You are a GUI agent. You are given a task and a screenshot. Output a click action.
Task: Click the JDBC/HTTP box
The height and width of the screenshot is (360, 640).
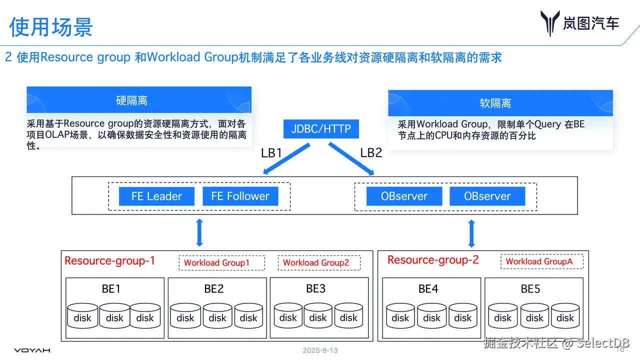pyautogui.click(x=321, y=129)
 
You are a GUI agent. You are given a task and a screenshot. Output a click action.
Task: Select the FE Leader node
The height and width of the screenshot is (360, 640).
pyautogui.click(x=156, y=196)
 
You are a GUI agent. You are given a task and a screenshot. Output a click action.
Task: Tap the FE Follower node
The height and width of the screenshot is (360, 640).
pyautogui.click(x=240, y=196)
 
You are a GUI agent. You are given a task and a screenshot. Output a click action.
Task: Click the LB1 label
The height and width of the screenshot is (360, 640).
pyautogui.click(x=271, y=153)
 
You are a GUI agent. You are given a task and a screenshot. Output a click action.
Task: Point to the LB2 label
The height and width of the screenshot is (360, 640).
pyautogui.click(x=371, y=152)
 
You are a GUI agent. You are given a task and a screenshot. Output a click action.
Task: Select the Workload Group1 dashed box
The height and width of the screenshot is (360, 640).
pyautogui.click(x=221, y=262)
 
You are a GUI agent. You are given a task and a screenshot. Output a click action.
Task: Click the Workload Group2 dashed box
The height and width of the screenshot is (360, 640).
pyautogui.click(x=319, y=262)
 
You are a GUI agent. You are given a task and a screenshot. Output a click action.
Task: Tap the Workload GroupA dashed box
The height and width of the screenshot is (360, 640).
pyautogui.click(x=541, y=261)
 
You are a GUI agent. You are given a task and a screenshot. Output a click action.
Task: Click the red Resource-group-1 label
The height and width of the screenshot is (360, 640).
pyautogui.click(x=109, y=260)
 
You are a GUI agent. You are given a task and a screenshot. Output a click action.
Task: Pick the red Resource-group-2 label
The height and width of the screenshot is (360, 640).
pyautogui.click(x=433, y=259)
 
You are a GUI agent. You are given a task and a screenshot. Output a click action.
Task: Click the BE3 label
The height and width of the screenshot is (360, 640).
pyautogui.click(x=315, y=288)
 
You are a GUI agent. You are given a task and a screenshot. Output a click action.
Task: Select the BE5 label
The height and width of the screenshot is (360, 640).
pyautogui.click(x=530, y=289)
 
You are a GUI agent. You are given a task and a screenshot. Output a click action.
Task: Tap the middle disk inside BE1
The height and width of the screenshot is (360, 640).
pyautogui.click(x=114, y=316)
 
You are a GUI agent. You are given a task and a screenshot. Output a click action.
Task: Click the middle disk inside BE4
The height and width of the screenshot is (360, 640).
pyautogui.click(x=431, y=316)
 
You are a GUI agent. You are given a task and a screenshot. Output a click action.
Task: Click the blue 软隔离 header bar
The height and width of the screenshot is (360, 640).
pyautogui.click(x=500, y=103)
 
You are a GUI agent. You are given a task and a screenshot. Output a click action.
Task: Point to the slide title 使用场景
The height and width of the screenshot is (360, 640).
pyautogui.click(x=51, y=26)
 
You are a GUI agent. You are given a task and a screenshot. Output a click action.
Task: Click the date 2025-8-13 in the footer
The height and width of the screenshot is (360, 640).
pyautogui.click(x=320, y=350)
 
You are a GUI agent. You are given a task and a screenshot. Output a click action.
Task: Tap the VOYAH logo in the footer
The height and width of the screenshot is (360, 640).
pyautogui.click(x=32, y=350)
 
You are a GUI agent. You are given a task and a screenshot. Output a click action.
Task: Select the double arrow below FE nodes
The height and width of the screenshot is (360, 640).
pyautogui.click(x=199, y=232)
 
